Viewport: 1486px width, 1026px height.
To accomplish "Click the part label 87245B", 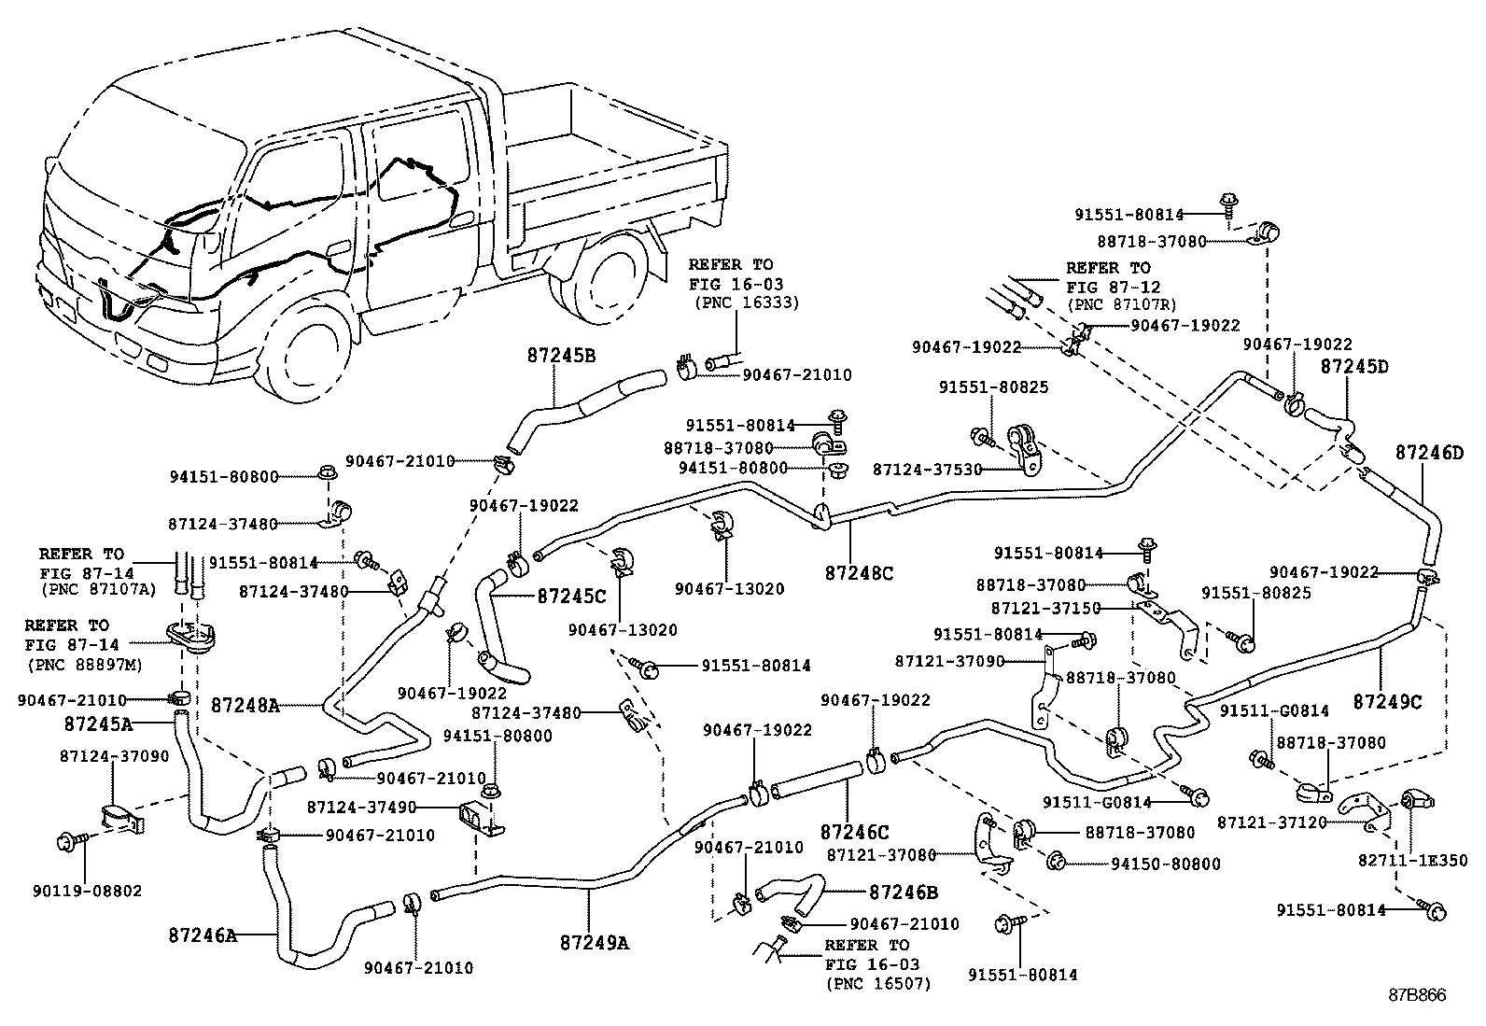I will click(561, 356).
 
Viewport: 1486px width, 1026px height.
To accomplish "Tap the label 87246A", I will click(203, 933).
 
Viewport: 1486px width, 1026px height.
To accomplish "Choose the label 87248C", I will click(859, 572).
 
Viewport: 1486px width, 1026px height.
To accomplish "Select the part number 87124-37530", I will click(927, 470).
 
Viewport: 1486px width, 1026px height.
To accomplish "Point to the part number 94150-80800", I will click(1165, 864).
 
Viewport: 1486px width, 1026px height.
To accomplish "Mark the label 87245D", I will click(1354, 367).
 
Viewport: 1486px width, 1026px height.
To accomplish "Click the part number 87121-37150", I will click(1045, 608).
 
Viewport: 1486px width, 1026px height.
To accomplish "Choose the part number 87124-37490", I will click(361, 807).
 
